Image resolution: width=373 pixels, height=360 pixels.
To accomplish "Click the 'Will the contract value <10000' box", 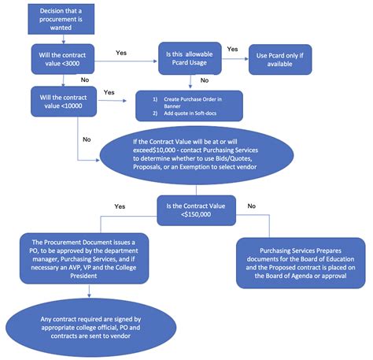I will [65, 101].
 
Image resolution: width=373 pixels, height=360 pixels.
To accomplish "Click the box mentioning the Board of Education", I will [301, 258].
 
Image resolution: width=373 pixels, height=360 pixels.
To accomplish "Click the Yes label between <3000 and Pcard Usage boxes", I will [121, 53].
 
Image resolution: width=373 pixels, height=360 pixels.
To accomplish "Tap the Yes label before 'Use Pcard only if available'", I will [233, 49].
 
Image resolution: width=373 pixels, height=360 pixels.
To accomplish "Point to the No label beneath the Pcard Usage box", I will [205, 80].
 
